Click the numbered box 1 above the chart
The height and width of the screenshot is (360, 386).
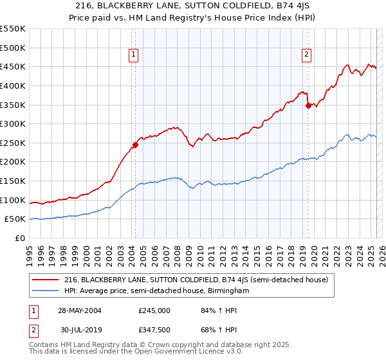click(x=133, y=55)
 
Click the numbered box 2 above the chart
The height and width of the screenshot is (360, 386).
click(x=306, y=55)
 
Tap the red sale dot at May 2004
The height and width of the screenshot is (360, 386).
click(x=136, y=145)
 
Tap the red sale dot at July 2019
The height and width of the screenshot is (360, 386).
click(x=308, y=105)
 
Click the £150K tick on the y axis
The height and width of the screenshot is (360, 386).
click(x=13, y=181)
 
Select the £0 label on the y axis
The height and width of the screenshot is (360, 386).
click(x=20, y=239)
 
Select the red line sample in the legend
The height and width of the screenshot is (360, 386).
click(x=45, y=280)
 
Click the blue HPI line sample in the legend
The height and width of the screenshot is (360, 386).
click(x=45, y=291)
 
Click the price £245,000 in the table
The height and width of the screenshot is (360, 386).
click(x=154, y=310)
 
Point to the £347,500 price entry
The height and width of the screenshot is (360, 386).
click(x=154, y=330)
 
